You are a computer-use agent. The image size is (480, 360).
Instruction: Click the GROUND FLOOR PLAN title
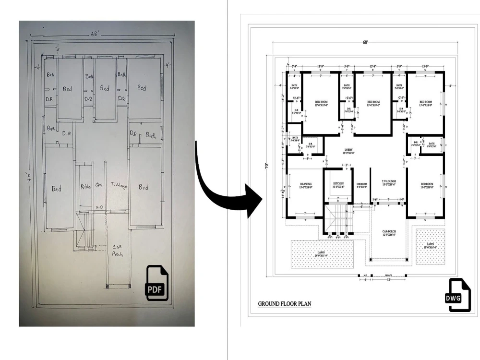(x=285, y=303)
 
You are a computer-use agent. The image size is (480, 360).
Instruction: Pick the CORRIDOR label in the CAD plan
(x=362, y=184)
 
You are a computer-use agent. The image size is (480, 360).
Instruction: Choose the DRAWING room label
(x=306, y=184)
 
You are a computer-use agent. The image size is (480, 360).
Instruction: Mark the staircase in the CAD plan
(x=338, y=219)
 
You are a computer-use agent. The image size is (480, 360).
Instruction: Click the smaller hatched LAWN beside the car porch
(x=430, y=245)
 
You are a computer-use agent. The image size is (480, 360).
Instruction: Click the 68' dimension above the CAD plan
(x=365, y=43)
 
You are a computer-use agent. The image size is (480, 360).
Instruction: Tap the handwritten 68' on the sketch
(x=96, y=35)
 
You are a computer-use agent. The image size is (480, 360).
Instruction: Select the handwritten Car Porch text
(x=118, y=250)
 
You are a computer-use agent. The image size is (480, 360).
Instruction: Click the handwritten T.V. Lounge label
(x=119, y=185)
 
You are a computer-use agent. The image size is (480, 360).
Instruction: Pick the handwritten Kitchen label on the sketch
(x=86, y=186)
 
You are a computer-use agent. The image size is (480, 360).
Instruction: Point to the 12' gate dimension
(x=389, y=280)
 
